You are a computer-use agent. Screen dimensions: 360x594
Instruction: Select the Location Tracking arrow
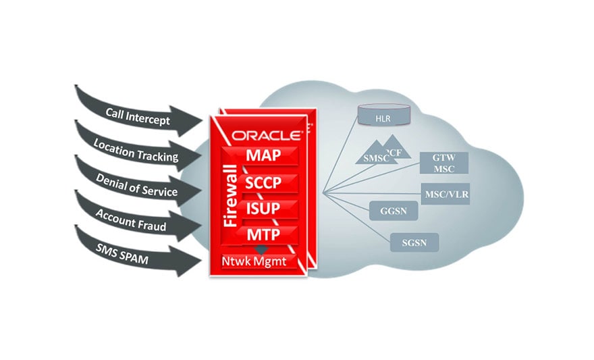(136, 151)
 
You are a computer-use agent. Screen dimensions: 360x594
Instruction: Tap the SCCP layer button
(263, 182)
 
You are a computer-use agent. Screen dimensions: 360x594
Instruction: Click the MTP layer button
(263, 234)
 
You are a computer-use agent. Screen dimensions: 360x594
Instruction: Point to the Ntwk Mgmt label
(257, 259)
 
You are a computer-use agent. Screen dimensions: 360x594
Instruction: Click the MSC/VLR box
(446, 195)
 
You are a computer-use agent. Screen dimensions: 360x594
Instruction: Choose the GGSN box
(394, 210)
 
